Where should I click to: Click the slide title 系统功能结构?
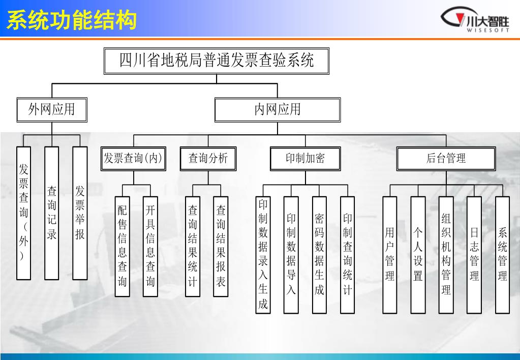tap(72, 21)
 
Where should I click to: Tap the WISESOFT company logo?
tap(474, 21)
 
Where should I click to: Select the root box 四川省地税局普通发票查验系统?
tap(217, 61)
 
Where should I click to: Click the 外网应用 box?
tap(51, 109)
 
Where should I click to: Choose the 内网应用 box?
tap(277, 109)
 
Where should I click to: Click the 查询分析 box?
tap(208, 159)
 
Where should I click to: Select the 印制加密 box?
tap(305, 159)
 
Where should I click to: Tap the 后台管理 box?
tap(446, 159)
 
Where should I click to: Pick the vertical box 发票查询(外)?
tap(24, 213)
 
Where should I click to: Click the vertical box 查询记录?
tap(52, 213)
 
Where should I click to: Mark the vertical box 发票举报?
tap(80, 213)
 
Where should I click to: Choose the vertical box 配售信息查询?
tap(123, 246)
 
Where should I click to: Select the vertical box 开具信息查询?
tap(150, 246)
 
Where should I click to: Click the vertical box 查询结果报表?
tap(221, 246)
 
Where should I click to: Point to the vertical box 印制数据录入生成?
tap(263, 254)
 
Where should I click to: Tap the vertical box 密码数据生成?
tap(319, 254)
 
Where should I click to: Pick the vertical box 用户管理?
tap(390, 254)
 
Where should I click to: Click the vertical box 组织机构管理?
tap(446, 254)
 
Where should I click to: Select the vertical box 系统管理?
tap(502, 254)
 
